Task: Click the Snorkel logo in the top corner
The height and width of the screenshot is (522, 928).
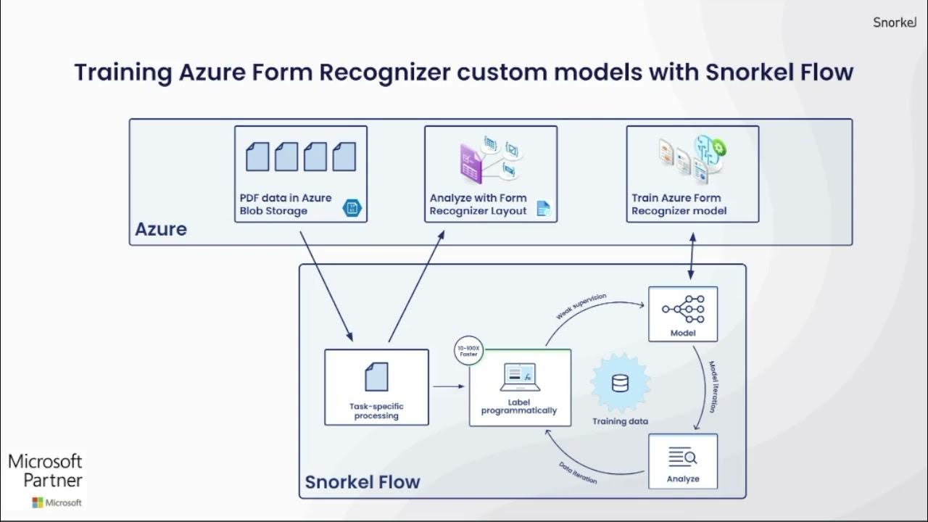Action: point(895,22)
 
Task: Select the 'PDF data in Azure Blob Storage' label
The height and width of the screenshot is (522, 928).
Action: point(285,204)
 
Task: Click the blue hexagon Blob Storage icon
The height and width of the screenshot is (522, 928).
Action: point(352,210)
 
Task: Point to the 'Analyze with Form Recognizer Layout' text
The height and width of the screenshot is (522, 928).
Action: point(478,204)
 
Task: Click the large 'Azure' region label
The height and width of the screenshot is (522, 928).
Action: point(160,230)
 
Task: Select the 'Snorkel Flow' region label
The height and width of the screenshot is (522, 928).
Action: point(362,482)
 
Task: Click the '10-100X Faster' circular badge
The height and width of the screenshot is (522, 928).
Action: point(468,352)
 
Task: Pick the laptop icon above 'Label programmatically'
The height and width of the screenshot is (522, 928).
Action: point(519,376)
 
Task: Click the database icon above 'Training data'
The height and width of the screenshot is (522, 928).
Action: point(620,384)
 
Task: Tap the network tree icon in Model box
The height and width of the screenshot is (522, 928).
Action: point(682,309)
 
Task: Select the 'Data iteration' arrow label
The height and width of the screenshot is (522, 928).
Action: point(578,472)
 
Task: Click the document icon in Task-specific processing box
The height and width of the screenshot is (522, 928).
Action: point(376,377)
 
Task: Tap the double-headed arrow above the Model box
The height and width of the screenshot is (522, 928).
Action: point(691,256)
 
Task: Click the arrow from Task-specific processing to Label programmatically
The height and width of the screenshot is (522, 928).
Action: point(449,386)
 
